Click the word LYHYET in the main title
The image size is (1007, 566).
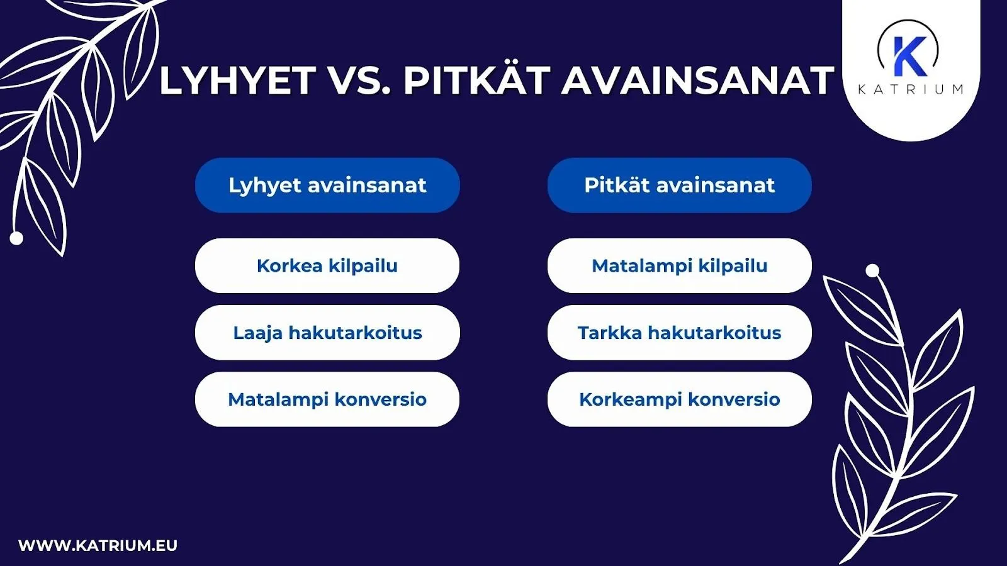click(x=237, y=81)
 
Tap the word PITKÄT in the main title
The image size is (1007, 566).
click(x=476, y=81)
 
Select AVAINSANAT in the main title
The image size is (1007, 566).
click(x=697, y=81)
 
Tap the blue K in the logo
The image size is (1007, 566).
click(x=909, y=55)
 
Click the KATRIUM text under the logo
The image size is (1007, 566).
click(x=910, y=89)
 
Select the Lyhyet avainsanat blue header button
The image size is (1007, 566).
click(x=327, y=186)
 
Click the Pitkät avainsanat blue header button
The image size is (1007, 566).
click(x=679, y=186)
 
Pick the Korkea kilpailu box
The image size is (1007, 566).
click(x=327, y=265)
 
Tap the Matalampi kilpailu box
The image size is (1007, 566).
click(x=679, y=265)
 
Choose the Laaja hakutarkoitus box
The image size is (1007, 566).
click(x=327, y=333)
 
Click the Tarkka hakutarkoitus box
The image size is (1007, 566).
click(x=679, y=333)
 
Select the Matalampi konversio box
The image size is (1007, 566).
click(x=327, y=399)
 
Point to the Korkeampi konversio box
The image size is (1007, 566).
click(x=679, y=399)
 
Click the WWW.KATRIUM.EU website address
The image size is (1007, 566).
click(x=98, y=545)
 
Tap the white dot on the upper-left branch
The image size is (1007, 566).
click(x=17, y=238)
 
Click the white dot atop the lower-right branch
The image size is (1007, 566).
click(x=872, y=271)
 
